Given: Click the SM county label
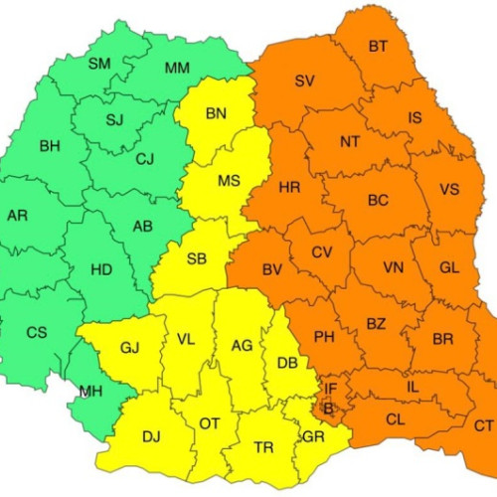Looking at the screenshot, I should point(99,64).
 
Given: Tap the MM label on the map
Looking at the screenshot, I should point(177,68).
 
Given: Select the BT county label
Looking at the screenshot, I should point(378,46).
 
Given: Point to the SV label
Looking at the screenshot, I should point(305,81).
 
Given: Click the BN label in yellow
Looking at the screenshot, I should point(216,113).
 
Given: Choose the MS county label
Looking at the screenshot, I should point(229,181).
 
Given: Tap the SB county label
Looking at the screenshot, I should point(197,259).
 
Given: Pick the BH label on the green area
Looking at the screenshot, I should point(50,147).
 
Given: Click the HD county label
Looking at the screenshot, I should point(100,269).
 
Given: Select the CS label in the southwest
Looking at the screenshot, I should point(36,332).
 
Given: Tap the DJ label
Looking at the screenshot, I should point(151,435).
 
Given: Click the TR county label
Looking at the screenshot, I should point(263,448).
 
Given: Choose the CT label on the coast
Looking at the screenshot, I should point(483,425).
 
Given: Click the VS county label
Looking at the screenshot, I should point(449,190).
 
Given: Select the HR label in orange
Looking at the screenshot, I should point(289,188).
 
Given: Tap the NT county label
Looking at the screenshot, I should point(350,142).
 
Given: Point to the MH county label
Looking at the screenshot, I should point(91,391).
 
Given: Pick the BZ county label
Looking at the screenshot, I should point(376,323).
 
